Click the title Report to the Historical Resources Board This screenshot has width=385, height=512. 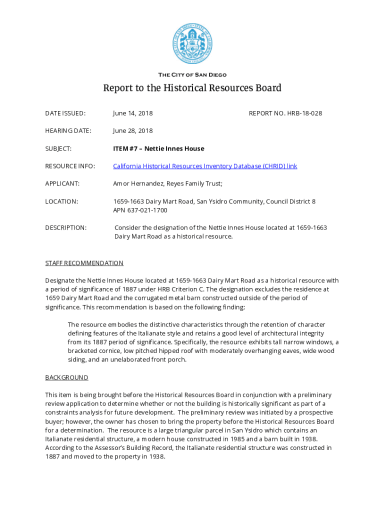[x=192, y=88]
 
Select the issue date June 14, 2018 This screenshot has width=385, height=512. [x=132, y=113]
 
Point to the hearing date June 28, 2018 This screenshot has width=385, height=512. [x=132, y=131]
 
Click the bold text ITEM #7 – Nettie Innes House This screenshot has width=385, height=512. [x=158, y=148]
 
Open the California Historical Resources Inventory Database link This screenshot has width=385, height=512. [x=205, y=166]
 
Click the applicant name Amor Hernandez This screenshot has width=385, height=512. [x=135, y=183]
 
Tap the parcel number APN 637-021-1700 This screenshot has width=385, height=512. [x=140, y=210]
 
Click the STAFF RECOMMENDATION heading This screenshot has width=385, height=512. [x=84, y=263]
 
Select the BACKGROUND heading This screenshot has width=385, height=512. [x=66, y=377]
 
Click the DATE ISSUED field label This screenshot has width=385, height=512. [x=65, y=113]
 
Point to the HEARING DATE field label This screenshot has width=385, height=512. [x=68, y=131]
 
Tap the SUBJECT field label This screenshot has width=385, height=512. [x=58, y=148]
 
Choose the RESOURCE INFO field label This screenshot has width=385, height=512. [x=70, y=166]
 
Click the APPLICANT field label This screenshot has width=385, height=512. [x=62, y=183]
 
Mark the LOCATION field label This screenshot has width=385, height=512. [x=61, y=201]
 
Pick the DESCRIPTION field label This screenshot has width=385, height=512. [x=65, y=228]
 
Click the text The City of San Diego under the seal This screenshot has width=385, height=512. [x=192, y=75]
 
